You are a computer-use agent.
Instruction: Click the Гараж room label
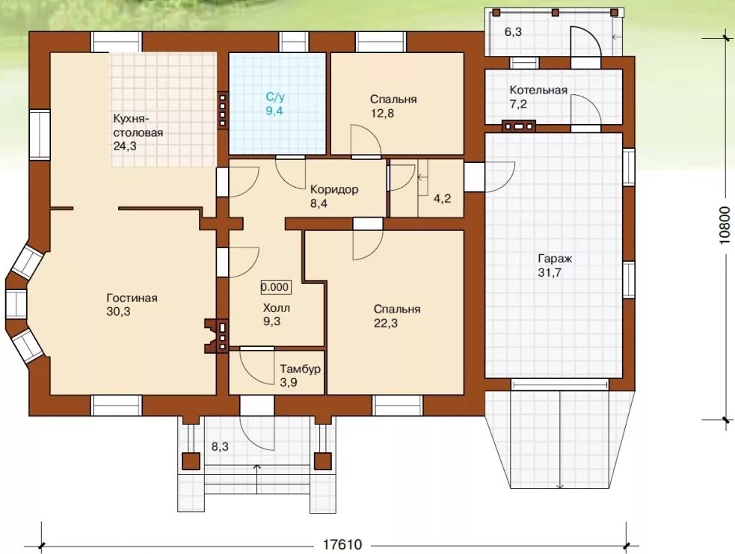555,259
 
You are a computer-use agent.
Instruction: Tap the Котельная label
538,90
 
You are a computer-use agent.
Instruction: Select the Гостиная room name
132,298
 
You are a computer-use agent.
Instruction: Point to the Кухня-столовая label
138,125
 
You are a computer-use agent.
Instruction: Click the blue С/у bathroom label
275,97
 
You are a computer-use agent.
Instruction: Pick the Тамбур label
300,369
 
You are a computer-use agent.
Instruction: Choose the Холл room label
276,308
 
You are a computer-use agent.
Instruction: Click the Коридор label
334,189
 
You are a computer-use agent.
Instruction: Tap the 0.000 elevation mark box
275,287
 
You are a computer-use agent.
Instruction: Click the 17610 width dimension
342,544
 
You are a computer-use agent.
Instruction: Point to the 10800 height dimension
725,226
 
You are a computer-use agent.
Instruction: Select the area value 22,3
386,323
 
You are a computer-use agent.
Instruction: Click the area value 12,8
382,113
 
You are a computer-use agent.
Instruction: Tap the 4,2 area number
442,199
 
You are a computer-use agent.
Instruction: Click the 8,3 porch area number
220,446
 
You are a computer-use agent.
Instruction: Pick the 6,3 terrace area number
513,32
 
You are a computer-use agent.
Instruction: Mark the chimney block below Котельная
518,126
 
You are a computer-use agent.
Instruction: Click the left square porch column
191,461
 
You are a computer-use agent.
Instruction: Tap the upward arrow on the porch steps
257,478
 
